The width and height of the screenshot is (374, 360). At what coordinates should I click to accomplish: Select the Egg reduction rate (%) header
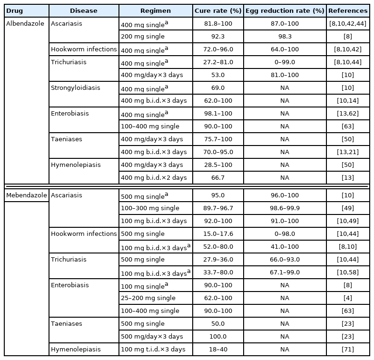[285, 10]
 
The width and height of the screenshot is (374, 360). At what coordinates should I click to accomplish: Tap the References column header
[348, 10]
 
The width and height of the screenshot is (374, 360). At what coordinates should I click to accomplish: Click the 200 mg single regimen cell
[143, 37]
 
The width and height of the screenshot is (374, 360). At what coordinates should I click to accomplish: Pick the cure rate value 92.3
[217, 37]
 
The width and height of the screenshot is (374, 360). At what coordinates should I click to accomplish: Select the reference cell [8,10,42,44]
[348, 23]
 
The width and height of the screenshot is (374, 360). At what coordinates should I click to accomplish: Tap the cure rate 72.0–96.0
[217, 49]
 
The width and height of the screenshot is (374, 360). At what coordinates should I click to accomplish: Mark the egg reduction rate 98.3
[285, 37]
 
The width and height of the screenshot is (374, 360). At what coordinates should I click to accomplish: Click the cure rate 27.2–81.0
[217, 62]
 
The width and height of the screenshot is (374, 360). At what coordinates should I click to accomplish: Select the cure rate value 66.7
[217, 178]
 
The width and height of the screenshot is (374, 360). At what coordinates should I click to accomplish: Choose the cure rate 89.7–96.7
[217, 208]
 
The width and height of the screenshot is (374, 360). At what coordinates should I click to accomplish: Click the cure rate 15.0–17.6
[217, 234]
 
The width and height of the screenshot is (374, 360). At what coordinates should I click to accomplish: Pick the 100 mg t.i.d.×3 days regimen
[152, 350]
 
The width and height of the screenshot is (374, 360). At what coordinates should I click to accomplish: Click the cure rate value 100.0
[217, 337]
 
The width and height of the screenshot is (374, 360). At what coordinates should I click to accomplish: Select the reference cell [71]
[348, 350]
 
